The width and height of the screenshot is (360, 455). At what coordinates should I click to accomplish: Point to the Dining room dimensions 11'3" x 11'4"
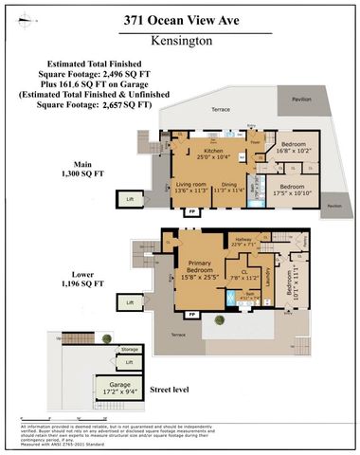click(225, 189)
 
